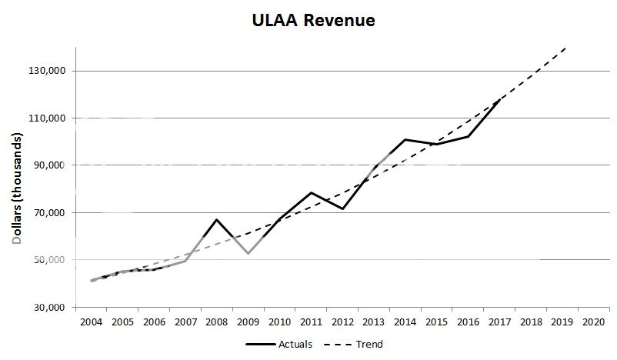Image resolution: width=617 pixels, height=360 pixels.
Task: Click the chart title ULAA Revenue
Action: tap(313, 21)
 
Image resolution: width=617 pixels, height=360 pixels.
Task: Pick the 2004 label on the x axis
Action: tap(91, 322)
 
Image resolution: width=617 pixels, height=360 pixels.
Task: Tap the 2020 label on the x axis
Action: tap(594, 322)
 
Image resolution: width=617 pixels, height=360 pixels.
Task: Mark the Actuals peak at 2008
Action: tap(217, 219)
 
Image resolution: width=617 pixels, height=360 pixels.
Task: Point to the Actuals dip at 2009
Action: tap(248, 253)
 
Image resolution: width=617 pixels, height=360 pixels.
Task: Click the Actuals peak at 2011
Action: tap(311, 192)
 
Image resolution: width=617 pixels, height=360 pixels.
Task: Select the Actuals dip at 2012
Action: tap(342, 208)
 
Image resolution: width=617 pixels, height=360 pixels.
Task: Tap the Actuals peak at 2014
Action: tap(405, 139)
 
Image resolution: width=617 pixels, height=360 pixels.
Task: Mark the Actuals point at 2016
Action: tap(469, 136)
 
